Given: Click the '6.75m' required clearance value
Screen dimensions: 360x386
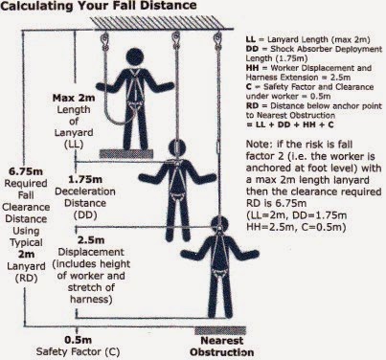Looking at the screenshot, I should point(24,170).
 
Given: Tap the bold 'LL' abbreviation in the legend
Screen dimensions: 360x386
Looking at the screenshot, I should point(253,34).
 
